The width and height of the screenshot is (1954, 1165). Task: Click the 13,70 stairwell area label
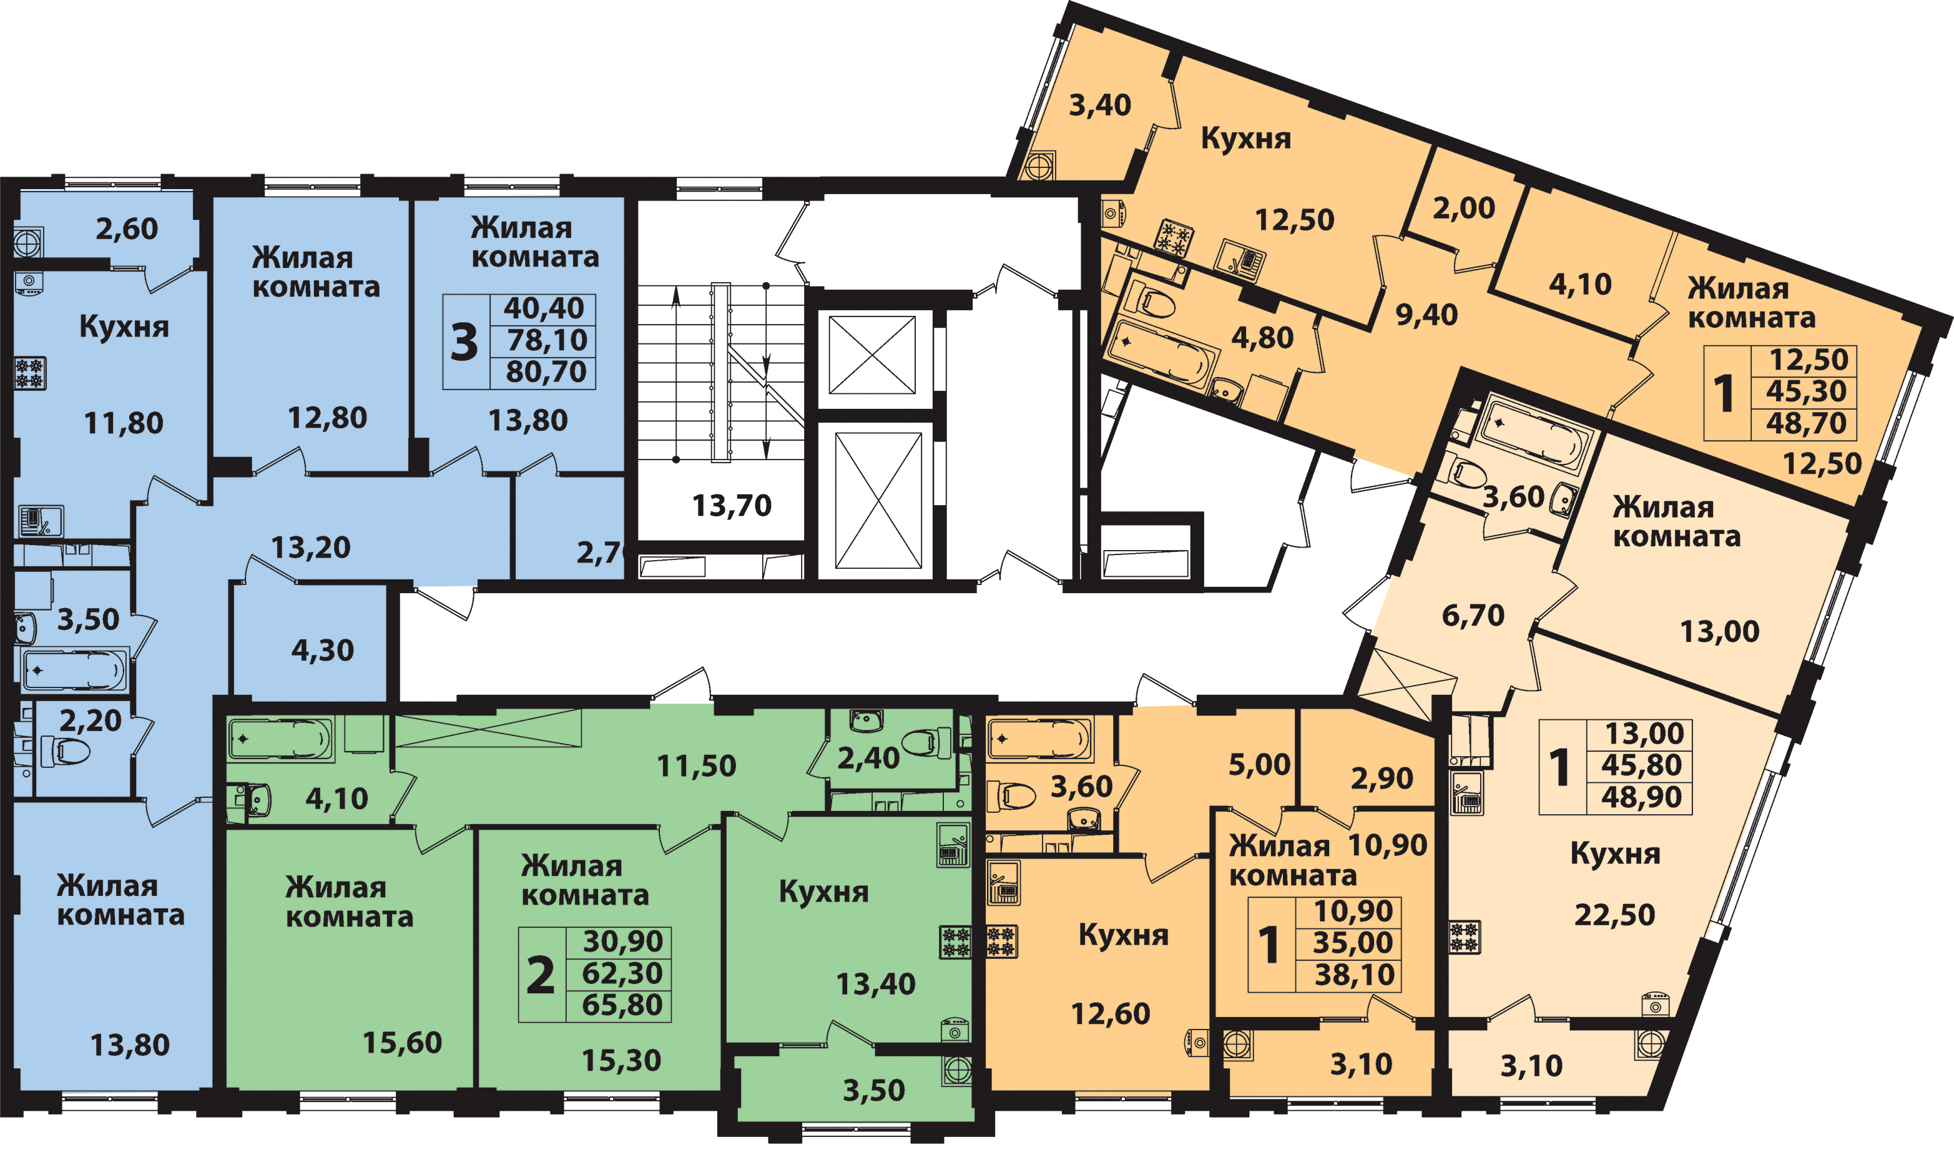click(x=732, y=506)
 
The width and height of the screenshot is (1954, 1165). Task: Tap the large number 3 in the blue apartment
click(x=464, y=342)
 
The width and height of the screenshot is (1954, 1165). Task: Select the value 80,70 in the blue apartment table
click(x=546, y=371)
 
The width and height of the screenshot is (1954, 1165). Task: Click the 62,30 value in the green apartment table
click(x=622, y=973)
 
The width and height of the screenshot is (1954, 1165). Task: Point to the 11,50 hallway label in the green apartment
click(x=696, y=765)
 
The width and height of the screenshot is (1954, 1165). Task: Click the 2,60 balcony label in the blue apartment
click(x=126, y=229)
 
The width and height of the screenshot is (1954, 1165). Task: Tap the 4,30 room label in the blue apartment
click(x=323, y=650)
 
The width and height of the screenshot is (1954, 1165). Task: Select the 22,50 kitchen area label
click(x=1614, y=915)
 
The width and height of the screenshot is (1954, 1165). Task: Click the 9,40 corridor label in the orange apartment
click(x=1426, y=315)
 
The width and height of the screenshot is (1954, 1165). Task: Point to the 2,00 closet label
click(x=1463, y=208)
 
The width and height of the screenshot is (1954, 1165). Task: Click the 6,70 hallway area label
click(x=1473, y=616)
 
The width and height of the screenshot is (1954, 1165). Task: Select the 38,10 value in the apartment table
click(x=1355, y=975)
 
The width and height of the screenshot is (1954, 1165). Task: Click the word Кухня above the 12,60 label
click(x=1123, y=935)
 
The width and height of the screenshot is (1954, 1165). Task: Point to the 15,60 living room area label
click(x=402, y=1043)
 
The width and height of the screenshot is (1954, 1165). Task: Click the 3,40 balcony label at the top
click(x=1099, y=105)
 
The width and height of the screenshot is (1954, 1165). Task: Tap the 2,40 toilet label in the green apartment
click(x=868, y=759)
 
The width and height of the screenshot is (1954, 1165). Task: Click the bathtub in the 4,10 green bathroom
click(x=280, y=739)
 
